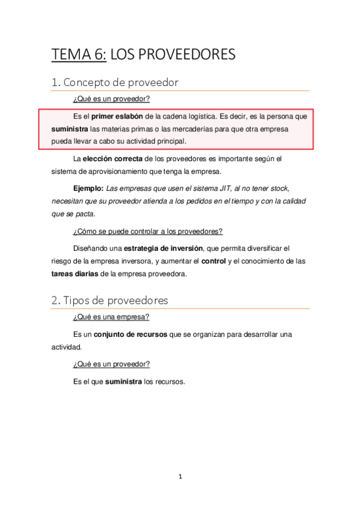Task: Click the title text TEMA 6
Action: coord(79,55)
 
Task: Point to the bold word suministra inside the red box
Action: coord(69,129)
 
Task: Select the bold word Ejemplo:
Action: coord(88,188)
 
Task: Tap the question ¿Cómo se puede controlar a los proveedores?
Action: coord(148,232)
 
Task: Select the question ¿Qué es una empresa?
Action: coord(111,317)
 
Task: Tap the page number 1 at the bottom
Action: coord(180,477)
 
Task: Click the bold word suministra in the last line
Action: coord(124,381)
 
